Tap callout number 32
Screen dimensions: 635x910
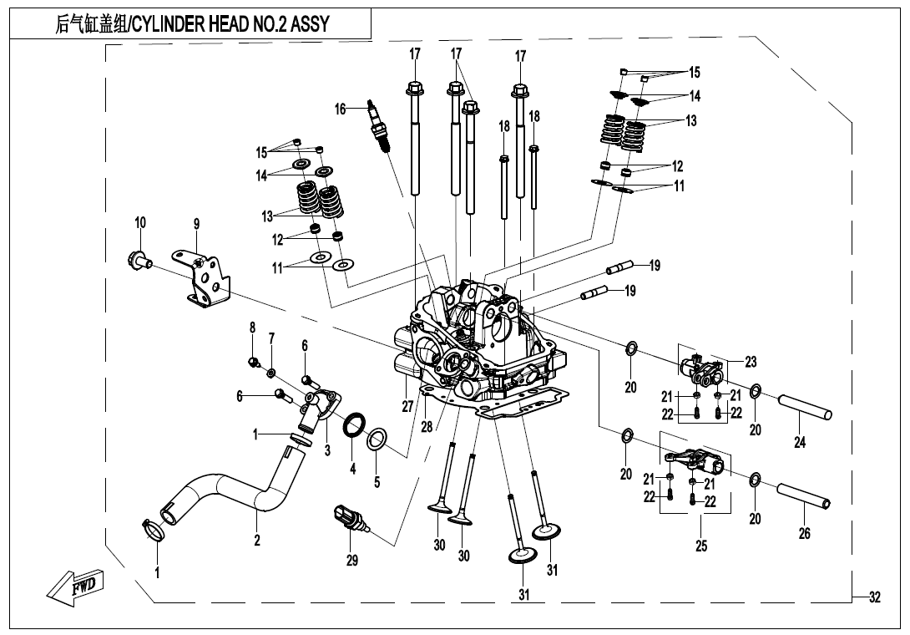874,597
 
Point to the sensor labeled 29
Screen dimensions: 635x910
350,519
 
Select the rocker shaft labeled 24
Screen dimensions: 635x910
806,410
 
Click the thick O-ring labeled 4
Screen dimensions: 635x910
353,424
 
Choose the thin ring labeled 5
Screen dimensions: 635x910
377,437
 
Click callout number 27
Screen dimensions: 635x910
407,407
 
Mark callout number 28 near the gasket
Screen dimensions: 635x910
427,427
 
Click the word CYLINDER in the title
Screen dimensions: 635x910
171,24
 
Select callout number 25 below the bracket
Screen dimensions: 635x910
701,546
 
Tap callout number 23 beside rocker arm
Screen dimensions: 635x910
751,362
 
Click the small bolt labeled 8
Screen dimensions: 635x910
253,361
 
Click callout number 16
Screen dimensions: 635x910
340,109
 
